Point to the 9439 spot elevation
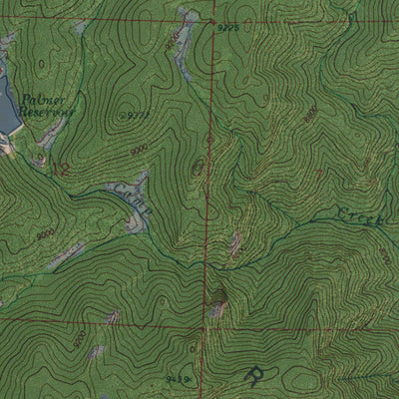click(x=178, y=379)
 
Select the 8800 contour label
click(x=311, y=116)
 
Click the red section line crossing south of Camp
click(x=207, y=324)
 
